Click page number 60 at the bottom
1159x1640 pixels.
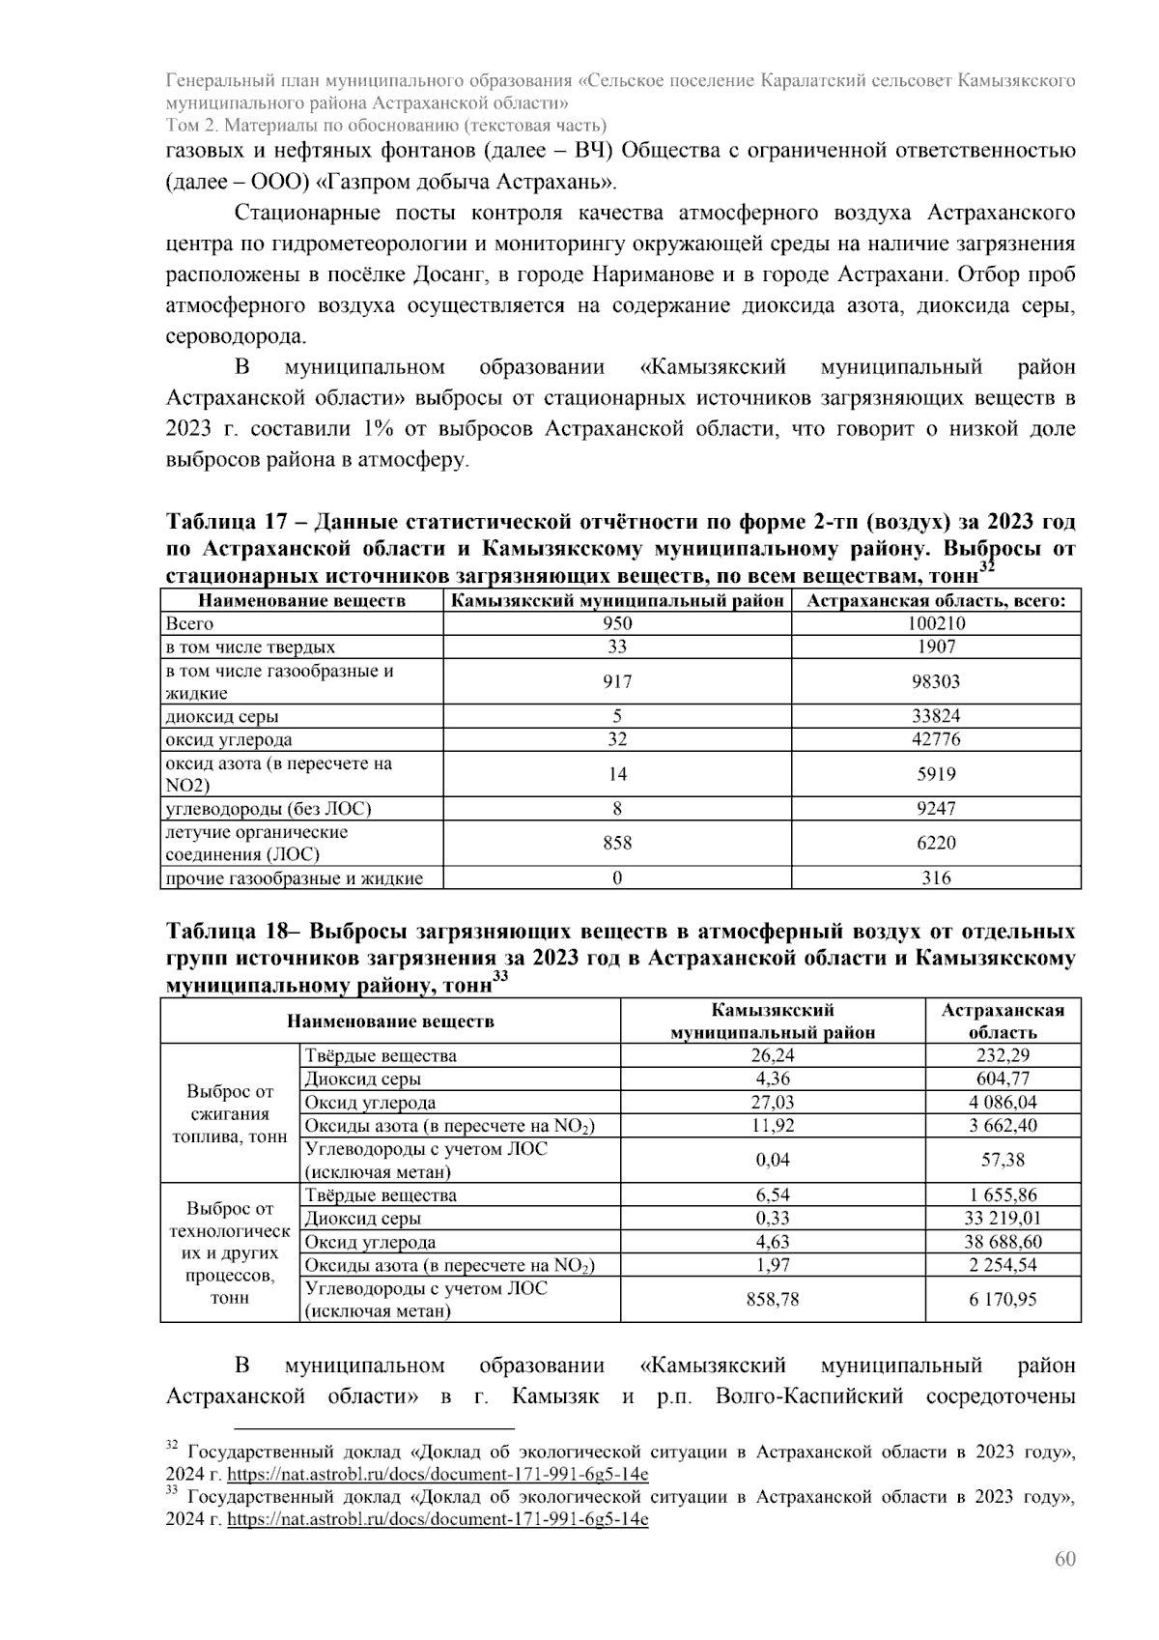click(1064, 1559)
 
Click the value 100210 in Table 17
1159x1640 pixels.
click(935, 623)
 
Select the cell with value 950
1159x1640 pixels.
click(616, 623)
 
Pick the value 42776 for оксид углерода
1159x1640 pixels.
click(935, 739)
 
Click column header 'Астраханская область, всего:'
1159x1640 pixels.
click(935, 600)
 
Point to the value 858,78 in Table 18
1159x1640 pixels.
click(772, 1299)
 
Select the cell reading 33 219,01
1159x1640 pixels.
click(1003, 1218)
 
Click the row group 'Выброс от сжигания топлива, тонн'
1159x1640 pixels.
click(229, 1113)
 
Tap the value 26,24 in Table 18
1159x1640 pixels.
click(772, 1055)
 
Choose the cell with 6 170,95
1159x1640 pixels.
click(1003, 1299)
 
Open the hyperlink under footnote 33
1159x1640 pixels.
click(438, 1519)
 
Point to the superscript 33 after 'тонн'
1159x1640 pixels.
click(500, 977)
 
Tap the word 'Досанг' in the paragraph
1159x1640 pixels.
click(450, 274)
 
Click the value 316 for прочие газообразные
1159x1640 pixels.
click(935, 878)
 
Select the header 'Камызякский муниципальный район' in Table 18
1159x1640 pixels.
click(772, 1021)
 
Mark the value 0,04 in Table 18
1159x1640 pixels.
click(772, 1160)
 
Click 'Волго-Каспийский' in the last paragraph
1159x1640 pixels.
click(808, 1395)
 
